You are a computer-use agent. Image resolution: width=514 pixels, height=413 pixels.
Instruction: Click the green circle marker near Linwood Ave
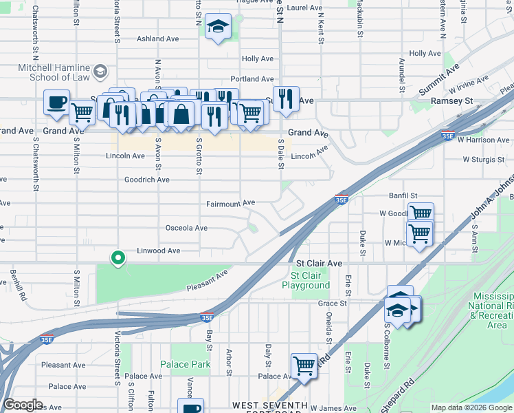(118, 259)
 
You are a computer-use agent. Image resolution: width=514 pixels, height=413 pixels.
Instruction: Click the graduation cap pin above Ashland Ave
(219, 27)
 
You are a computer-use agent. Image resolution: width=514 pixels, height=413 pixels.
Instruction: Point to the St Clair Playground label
(306, 280)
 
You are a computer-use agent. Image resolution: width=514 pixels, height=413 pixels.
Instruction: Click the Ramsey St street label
(452, 100)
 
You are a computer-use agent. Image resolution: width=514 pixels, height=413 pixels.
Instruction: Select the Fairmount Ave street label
(231, 203)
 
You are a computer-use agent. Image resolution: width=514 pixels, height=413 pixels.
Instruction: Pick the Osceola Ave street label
(186, 227)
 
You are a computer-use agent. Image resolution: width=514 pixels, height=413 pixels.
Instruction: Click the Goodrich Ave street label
(146, 179)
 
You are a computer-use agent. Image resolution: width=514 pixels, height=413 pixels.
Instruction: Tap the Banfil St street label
(403, 195)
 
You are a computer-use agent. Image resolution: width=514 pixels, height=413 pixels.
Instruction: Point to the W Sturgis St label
(484, 159)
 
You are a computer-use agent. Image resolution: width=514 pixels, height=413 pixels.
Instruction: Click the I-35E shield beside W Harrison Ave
(448, 136)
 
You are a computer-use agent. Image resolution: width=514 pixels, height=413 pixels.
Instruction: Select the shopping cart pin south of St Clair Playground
(303, 366)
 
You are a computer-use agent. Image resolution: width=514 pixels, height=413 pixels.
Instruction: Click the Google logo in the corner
(23, 405)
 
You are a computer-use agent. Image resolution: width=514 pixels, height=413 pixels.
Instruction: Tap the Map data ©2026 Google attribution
(471, 408)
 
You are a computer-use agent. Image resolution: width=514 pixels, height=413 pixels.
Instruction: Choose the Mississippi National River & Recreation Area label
(491, 310)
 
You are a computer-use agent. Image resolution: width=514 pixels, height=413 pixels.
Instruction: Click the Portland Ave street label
(252, 78)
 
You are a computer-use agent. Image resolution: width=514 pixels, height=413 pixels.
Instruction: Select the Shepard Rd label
(399, 392)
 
